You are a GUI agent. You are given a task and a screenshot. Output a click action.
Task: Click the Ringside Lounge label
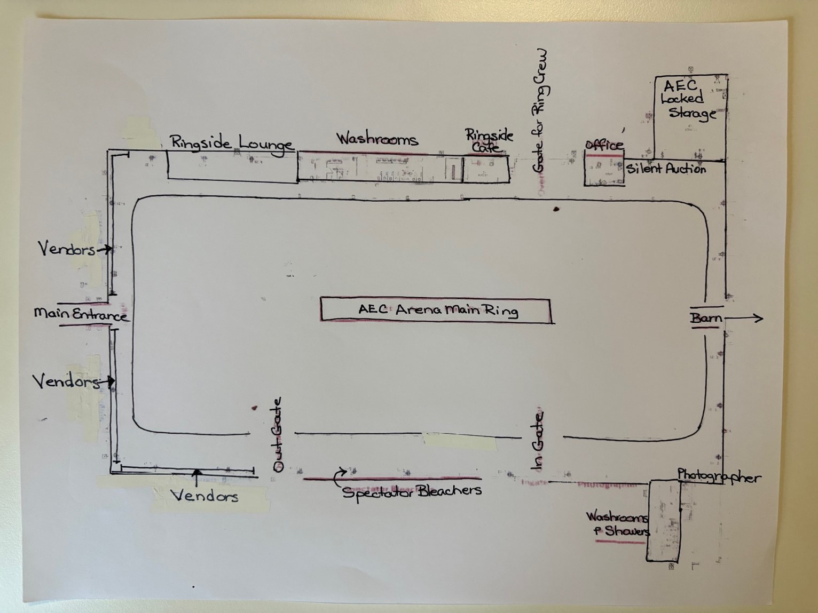click(231, 143)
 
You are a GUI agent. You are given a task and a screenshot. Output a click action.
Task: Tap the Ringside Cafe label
click(489, 141)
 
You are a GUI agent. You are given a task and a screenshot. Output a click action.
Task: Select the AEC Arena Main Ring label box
click(436, 310)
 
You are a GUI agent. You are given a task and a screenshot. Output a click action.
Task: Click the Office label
click(604, 145)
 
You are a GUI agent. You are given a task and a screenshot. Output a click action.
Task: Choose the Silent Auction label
click(666, 169)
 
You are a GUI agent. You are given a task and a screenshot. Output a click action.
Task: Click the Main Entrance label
click(81, 314)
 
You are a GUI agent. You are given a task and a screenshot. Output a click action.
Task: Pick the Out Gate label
click(278, 435)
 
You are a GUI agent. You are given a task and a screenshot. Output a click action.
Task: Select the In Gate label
click(539, 441)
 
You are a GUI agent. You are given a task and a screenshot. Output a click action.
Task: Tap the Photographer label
click(719, 476)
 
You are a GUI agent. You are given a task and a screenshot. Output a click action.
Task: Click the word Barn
click(706, 319)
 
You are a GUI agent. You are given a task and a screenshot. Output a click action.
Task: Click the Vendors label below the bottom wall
click(204, 496)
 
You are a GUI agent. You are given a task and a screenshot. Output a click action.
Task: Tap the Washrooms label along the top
click(376, 139)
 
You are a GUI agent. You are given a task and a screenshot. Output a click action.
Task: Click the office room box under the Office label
click(604, 171)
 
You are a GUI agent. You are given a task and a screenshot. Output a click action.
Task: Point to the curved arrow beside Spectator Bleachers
click(339, 476)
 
